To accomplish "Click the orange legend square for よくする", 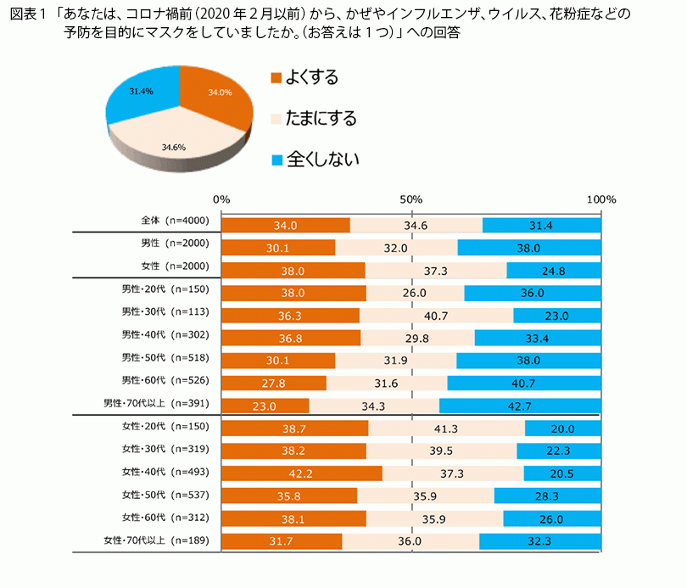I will [x=275, y=78].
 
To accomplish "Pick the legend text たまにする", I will [x=323, y=118].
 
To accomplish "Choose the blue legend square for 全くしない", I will [x=275, y=159].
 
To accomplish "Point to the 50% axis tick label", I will [x=411, y=199].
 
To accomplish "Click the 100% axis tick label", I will [x=601, y=199].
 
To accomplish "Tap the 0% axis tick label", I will [x=221, y=199].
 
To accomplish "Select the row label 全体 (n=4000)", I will [x=174, y=221].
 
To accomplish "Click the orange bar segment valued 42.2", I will [x=301, y=473].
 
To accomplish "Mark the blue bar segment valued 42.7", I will [x=519, y=406].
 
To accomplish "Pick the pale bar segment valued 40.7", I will [x=436, y=316].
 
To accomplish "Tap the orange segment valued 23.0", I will [x=265, y=406].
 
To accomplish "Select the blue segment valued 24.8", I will [x=553, y=271].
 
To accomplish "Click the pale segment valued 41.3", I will [x=446, y=428].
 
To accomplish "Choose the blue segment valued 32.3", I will [x=539, y=540].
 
